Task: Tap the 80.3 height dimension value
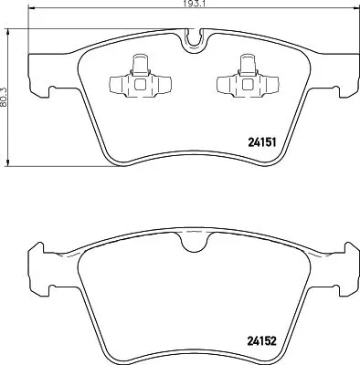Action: click(5, 91)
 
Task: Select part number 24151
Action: click(263, 141)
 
